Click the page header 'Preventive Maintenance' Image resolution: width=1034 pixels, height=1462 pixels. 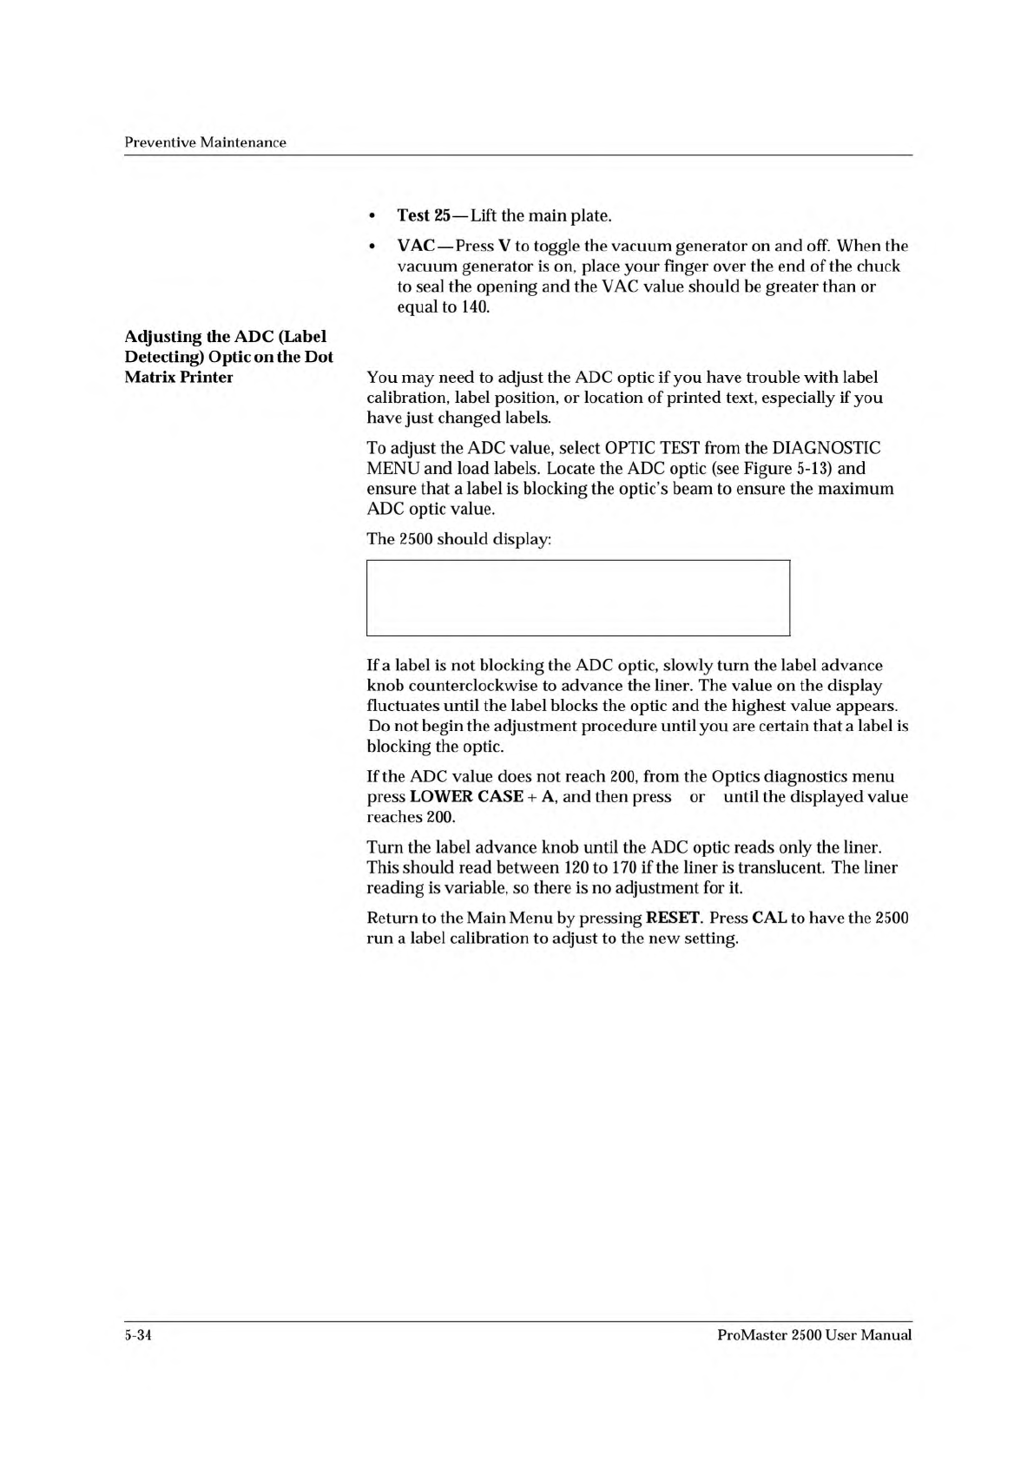(x=205, y=142)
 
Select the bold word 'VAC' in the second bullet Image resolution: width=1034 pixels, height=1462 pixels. (x=416, y=246)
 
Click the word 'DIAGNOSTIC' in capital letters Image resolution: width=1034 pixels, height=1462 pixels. (x=826, y=448)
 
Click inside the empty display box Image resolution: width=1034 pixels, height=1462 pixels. (x=578, y=598)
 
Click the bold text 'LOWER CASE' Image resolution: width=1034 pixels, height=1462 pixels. (x=465, y=797)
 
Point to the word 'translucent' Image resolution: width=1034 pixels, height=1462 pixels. (x=785, y=867)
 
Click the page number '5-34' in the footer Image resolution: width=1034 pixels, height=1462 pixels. (x=139, y=1335)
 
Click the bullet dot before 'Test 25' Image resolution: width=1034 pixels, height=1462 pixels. (x=372, y=215)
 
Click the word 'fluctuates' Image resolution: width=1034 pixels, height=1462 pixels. (x=400, y=706)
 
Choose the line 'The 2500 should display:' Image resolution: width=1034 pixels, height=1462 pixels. (x=459, y=538)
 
